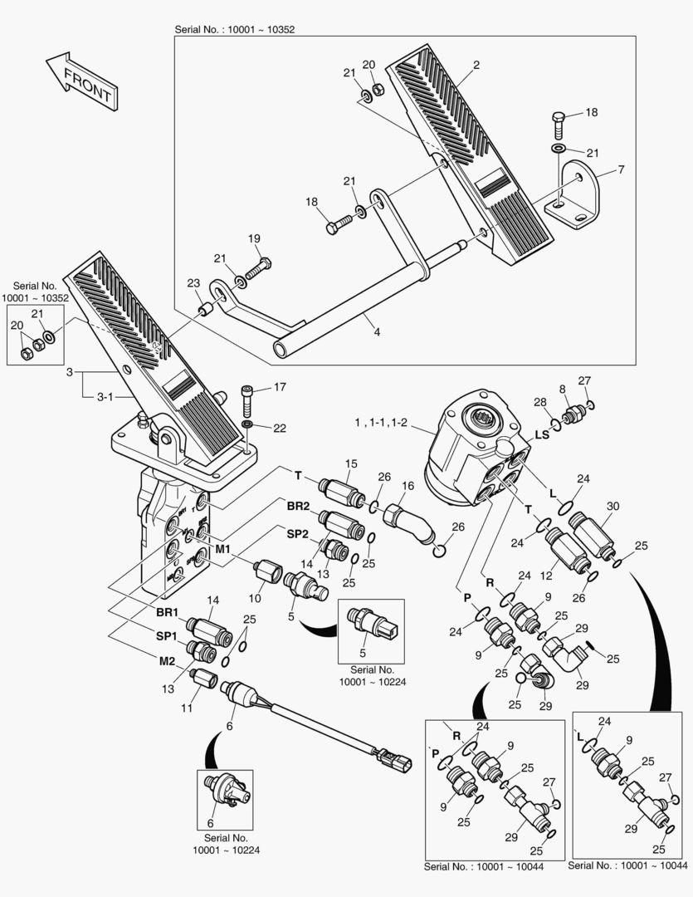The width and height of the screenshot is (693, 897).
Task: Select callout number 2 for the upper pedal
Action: (476, 65)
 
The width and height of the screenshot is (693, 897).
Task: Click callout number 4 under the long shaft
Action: (377, 332)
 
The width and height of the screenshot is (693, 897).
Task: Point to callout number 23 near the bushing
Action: (193, 283)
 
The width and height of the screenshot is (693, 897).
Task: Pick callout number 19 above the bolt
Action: (255, 239)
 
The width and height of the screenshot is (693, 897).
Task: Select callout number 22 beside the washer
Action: (280, 428)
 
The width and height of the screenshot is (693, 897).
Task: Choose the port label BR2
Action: (298, 506)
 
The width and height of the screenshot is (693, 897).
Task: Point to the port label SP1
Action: (167, 635)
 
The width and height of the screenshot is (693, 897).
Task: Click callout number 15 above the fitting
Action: (351, 463)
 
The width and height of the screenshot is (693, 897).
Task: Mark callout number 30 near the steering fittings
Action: (612, 507)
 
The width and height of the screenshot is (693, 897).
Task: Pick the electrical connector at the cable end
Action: (392, 756)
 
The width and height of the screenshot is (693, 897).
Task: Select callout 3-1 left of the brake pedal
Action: (105, 397)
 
